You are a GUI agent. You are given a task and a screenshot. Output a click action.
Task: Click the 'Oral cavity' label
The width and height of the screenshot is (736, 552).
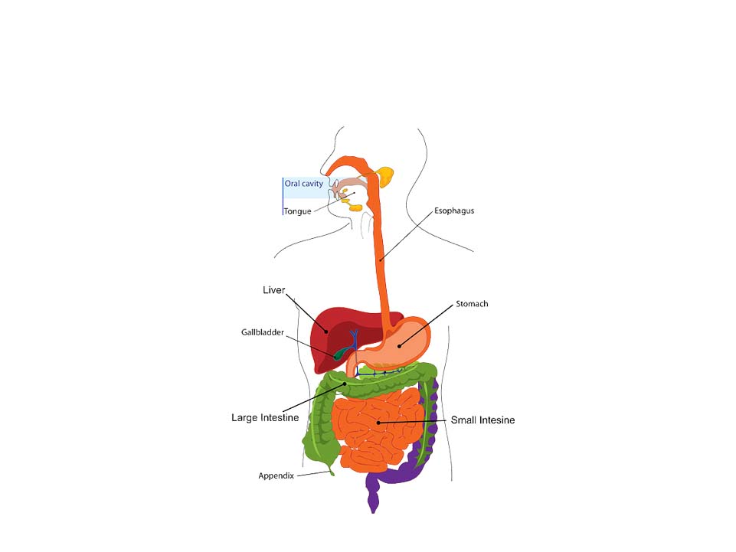(304, 184)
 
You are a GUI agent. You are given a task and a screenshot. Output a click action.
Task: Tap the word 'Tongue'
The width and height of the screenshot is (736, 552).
(297, 211)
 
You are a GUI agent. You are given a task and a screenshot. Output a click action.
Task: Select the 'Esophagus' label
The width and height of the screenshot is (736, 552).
(454, 211)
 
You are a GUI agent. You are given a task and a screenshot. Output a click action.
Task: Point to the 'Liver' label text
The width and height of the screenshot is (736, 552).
(273, 290)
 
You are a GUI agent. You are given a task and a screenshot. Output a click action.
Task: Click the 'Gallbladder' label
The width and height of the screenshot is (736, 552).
(263, 333)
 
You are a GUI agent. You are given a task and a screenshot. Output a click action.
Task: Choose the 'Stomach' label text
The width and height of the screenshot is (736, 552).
(472, 304)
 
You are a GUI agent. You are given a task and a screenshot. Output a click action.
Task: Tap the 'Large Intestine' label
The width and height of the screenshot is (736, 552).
(265, 418)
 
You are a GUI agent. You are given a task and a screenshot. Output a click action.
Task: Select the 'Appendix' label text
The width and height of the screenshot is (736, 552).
(276, 475)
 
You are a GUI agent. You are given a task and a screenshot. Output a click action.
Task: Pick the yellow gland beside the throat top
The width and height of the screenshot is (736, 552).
(385, 177)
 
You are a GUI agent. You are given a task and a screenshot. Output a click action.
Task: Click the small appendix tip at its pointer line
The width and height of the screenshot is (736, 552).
(332, 471)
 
